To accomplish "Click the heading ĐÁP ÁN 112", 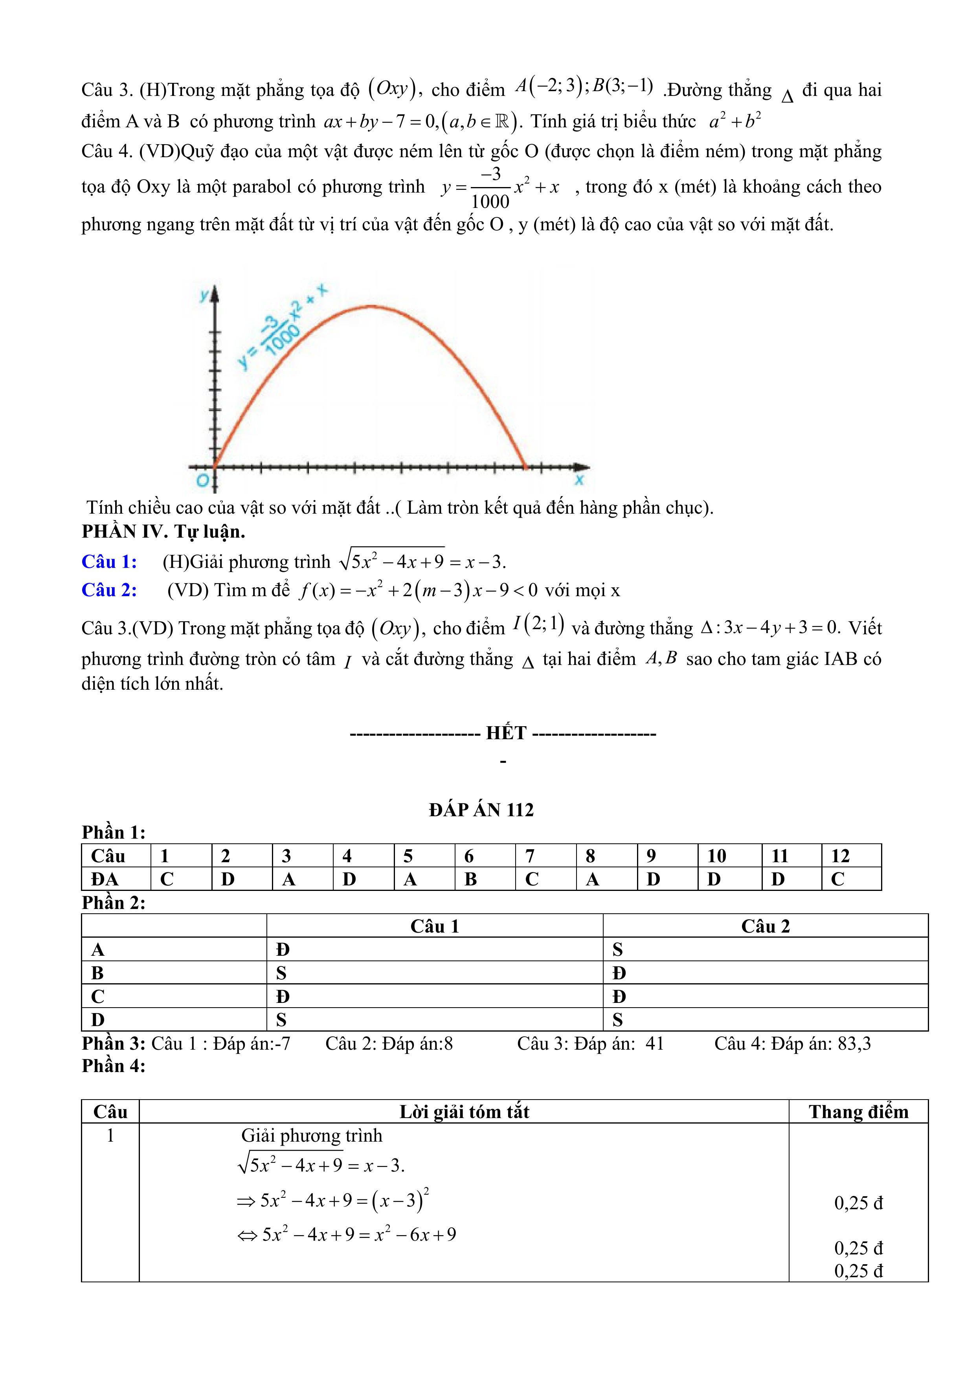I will [481, 810].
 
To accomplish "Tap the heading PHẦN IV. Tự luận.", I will [163, 532].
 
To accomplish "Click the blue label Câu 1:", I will [109, 562].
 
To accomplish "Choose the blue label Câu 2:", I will [109, 590].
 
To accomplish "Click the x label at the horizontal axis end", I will [579, 479].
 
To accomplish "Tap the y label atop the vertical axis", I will [205, 294].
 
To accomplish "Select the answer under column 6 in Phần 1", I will [470, 879].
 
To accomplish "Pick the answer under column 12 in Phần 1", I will [837, 879].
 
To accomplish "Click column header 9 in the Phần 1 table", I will [651, 856].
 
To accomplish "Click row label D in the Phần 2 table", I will [98, 1019].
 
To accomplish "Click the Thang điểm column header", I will [858, 1112].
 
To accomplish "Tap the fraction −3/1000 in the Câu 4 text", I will [490, 188].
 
